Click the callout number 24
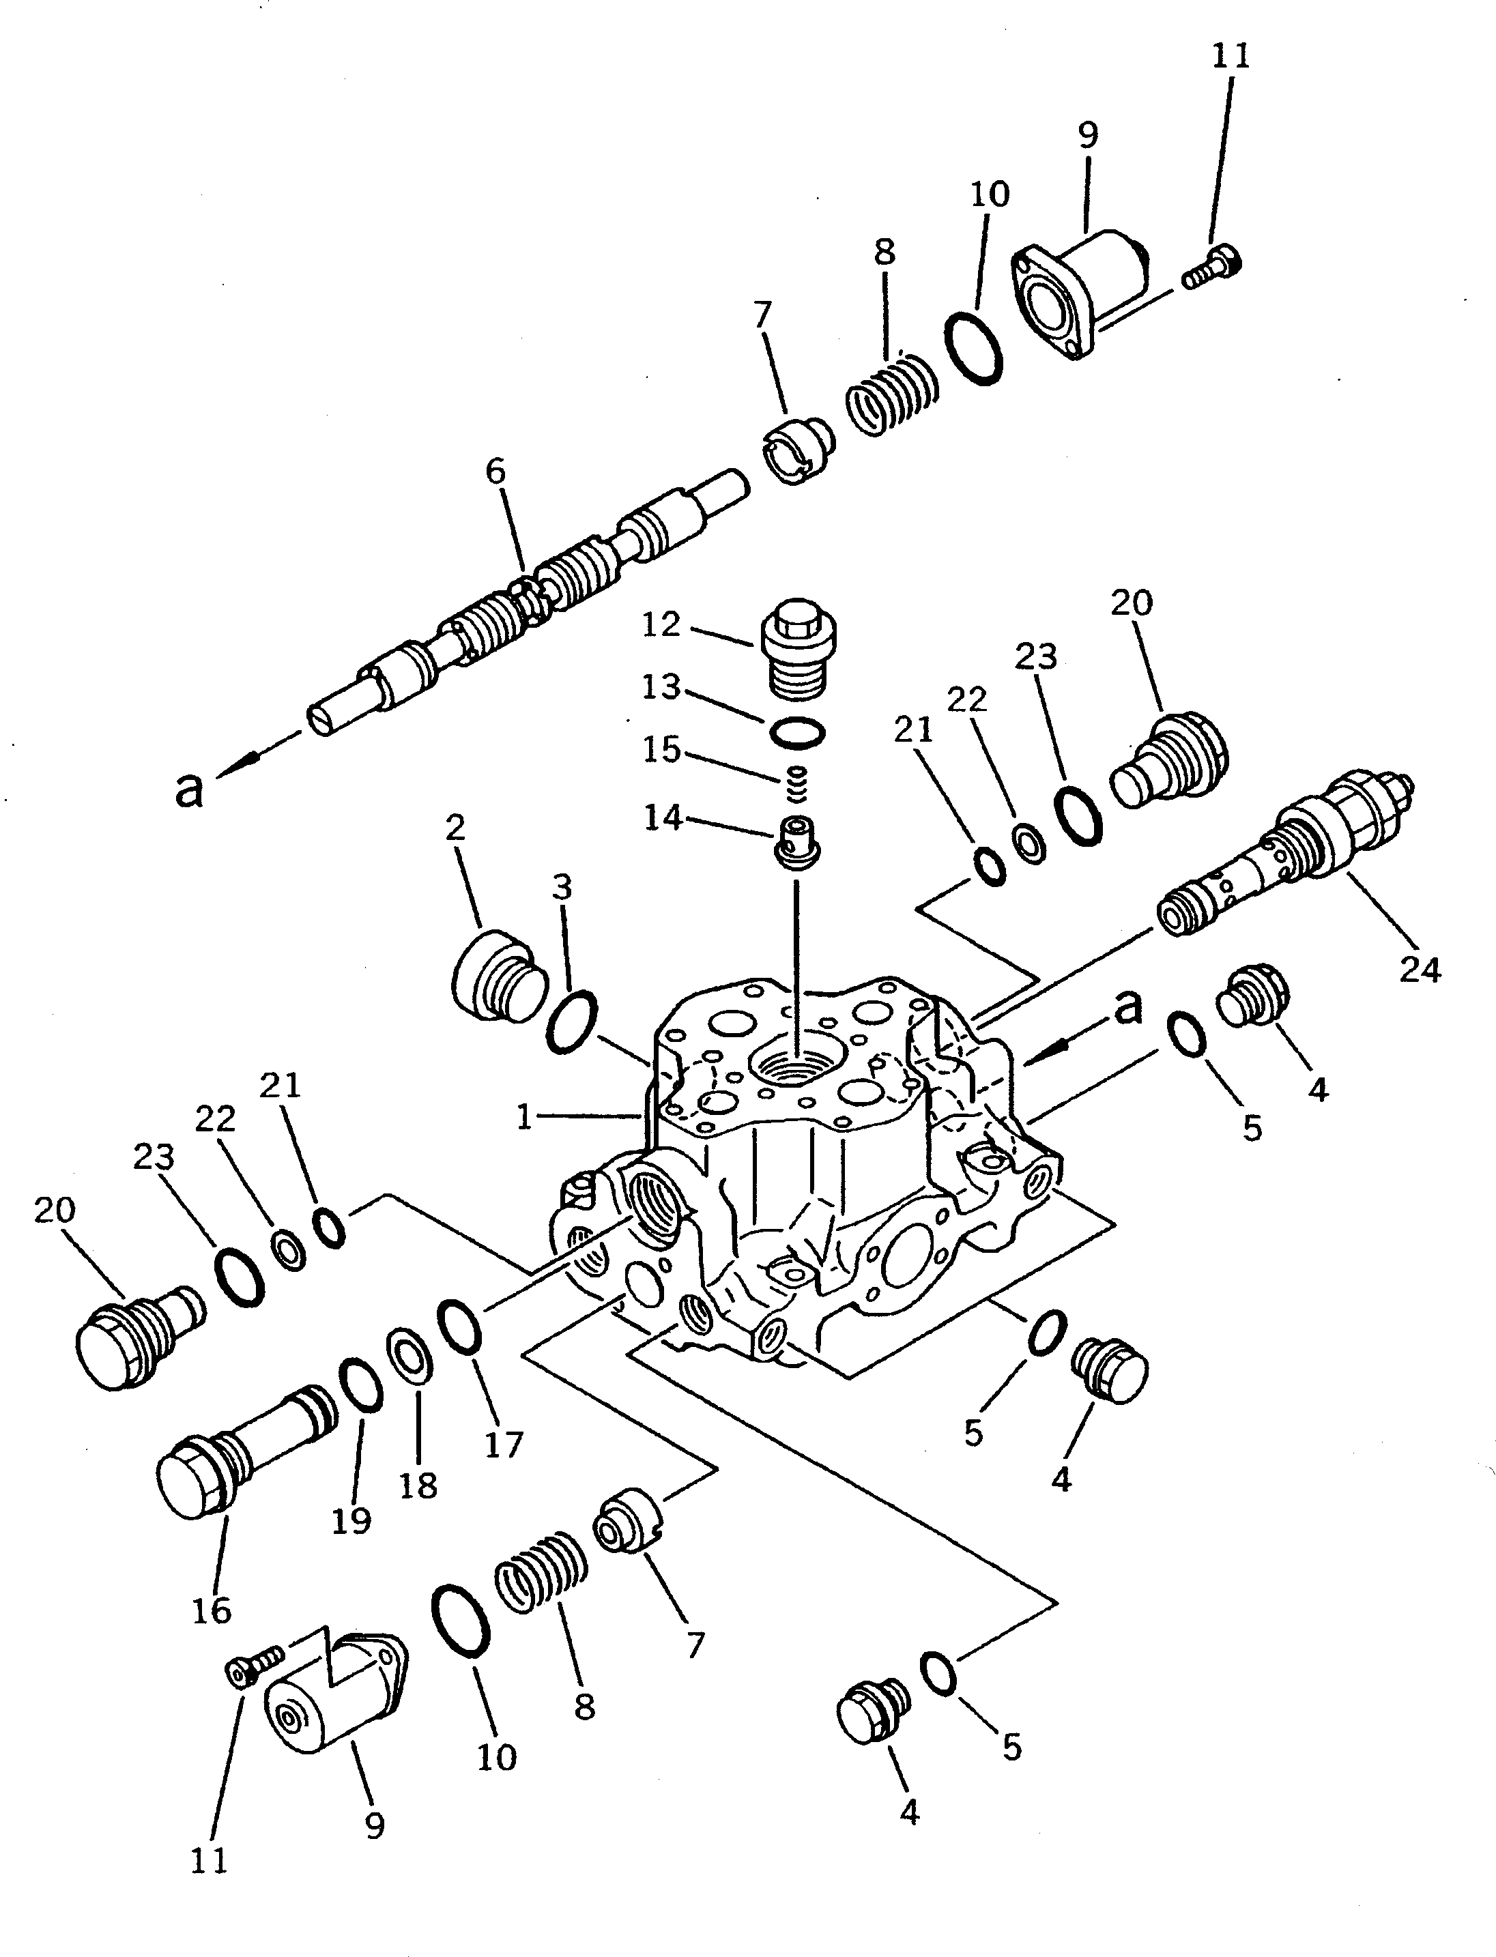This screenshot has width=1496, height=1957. tap(1420, 969)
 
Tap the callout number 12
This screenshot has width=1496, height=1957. tap(661, 624)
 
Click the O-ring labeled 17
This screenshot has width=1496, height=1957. tap(459, 1327)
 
